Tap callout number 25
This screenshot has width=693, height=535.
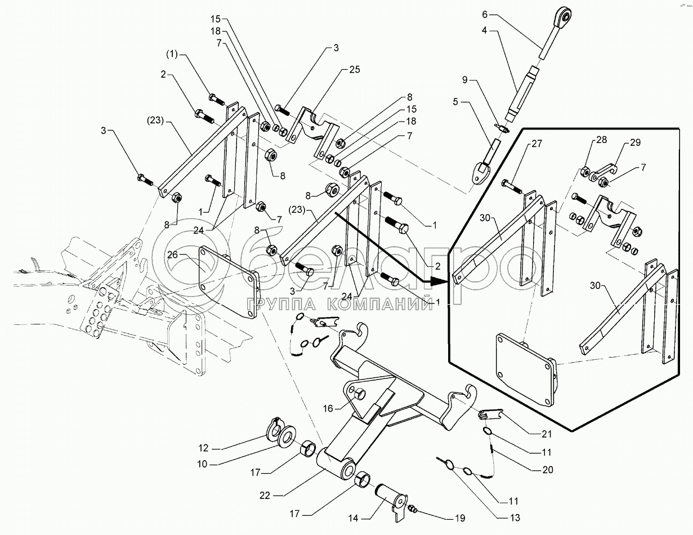pos(354,70)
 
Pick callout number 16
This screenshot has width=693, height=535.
pos(328,408)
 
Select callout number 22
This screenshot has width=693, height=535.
pos(265,496)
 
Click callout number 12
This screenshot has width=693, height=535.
pos(203,449)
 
